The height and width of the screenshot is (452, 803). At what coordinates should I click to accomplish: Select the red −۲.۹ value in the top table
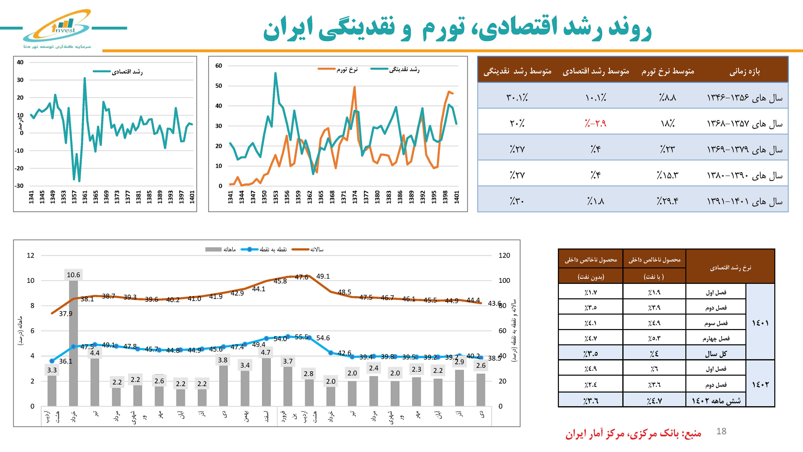click(595, 124)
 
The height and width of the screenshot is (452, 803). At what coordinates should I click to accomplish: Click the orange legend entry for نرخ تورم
click(338, 69)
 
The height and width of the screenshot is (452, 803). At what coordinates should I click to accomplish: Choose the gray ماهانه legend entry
click(220, 249)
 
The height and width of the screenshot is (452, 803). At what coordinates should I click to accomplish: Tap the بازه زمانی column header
click(744, 72)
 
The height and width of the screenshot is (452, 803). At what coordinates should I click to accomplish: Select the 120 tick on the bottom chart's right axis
click(504, 256)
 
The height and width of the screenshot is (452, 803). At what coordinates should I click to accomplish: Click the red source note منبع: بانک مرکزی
click(633, 434)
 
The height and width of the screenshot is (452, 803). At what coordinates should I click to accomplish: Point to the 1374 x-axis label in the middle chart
click(355, 197)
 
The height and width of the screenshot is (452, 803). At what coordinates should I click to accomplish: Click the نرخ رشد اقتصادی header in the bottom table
click(730, 267)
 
